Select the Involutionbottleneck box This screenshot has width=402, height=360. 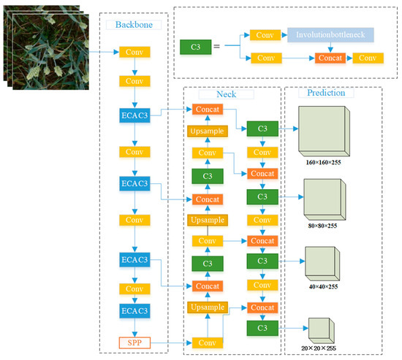click(x=330, y=35)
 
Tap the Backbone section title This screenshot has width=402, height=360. click(x=134, y=24)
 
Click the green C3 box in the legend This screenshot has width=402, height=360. click(x=195, y=47)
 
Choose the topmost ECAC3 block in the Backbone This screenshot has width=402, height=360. click(x=134, y=115)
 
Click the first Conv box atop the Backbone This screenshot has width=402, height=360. click(x=134, y=53)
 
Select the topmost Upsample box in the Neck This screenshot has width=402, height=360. click(x=208, y=131)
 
